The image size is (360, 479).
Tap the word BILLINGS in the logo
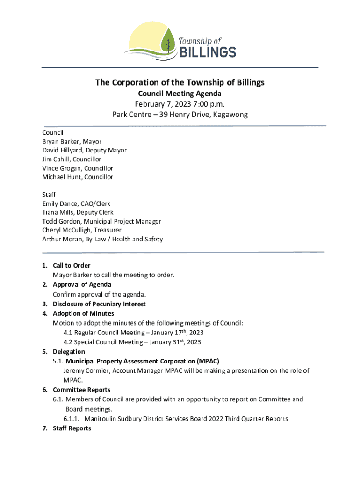click(208, 51)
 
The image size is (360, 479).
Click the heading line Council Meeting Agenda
click(180, 94)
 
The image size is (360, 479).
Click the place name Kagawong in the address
click(230, 115)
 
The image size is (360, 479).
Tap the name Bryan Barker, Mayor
click(72, 141)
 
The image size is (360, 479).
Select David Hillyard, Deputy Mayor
click(84, 150)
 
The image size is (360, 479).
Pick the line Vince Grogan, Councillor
click(78, 168)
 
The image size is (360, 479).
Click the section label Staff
click(49, 195)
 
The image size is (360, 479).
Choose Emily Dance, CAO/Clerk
click(76, 203)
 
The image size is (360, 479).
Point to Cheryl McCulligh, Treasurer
click(82, 230)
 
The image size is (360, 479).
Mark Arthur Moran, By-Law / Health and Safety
click(102, 239)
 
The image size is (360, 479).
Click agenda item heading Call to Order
click(72, 266)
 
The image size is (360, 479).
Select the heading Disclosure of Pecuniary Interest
click(99, 304)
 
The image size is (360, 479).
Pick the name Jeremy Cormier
click(86, 371)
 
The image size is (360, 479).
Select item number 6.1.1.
click(72, 419)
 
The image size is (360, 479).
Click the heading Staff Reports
click(72, 428)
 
